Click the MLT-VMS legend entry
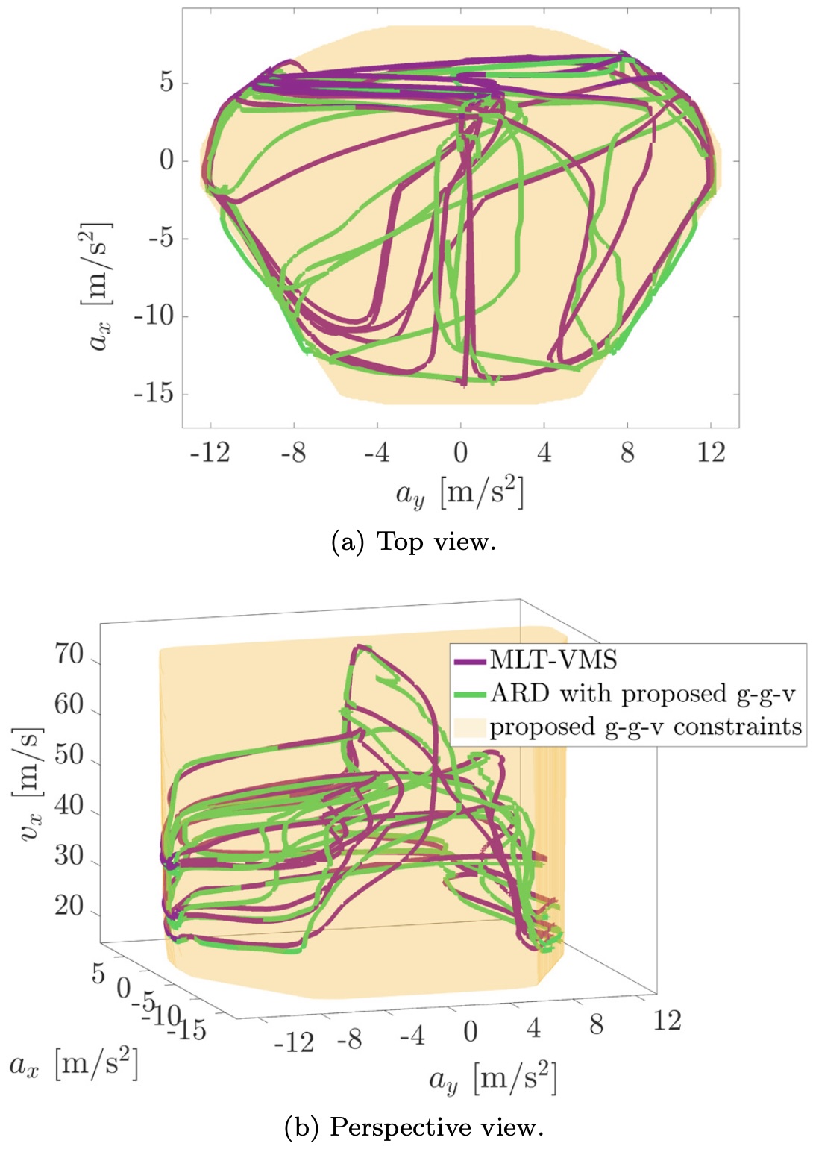coord(553,660)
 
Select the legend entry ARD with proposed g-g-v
coord(642,694)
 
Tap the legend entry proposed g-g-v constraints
coord(645,727)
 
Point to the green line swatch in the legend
coord(470,695)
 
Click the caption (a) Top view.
coord(413,541)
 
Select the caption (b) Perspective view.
coord(414,1127)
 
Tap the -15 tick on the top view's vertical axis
coord(154,393)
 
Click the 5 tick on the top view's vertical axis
coord(166,82)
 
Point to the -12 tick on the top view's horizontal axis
coord(210,452)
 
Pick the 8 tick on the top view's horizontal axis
coord(627,452)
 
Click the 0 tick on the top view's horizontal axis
coord(460,452)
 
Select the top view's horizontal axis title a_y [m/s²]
coord(459,493)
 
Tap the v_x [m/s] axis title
coord(31,783)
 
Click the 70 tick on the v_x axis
coord(69,654)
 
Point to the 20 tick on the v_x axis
coord(69,906)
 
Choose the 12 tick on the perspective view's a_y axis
coord(667,1020)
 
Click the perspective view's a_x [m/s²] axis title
coord(74,1064)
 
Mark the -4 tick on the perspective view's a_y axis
coord(412,1035)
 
